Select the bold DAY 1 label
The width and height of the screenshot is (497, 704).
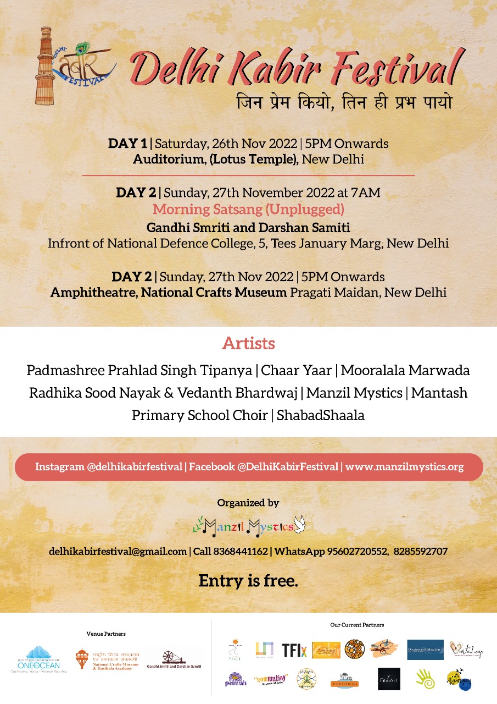(x=127, y=144)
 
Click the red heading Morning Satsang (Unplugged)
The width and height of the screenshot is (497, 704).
(x=248, y=210)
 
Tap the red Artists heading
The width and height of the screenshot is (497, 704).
(x=248, y=344)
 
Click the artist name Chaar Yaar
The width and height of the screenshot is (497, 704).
(x=297, y=370)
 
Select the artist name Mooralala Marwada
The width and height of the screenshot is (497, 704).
(x=405, y=370)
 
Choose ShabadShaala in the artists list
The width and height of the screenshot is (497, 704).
(x=321, y=415)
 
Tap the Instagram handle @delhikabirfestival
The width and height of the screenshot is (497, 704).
(x=135, y=467)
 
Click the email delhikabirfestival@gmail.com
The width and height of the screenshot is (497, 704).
(x=118, y=551)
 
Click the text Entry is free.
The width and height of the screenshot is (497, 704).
(x=248, y=581)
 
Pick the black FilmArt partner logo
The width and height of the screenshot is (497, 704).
(x=389, y=679)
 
